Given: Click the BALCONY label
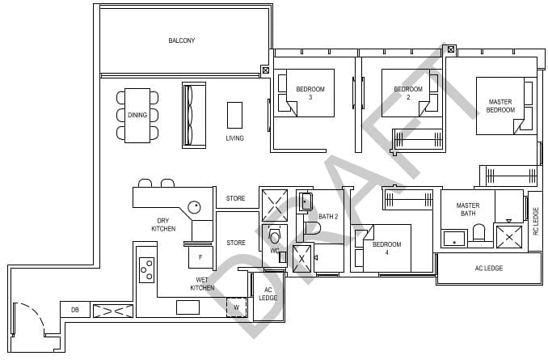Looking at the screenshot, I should (x=181, y=40).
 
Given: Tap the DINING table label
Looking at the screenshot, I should (x=137, y=115).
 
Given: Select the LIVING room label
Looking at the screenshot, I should (x=234, y=138).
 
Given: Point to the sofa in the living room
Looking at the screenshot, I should (x=194, y=115).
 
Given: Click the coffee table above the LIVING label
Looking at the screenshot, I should (x=234, y=114).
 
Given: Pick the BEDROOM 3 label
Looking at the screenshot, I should (x=310, y=93).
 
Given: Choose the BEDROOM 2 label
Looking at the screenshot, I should (x=408, y=93).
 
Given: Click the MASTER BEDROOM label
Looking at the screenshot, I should (x=500, y=106).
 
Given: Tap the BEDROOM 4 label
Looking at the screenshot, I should (x=386, y=248).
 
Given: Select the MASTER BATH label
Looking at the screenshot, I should (x=467, y=210).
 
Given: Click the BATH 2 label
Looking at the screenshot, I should (x=329, y=217).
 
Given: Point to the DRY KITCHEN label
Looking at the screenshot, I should (x=163, y=225).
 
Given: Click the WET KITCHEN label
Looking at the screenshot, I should (x=201, y=284).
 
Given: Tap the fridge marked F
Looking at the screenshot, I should (x=200, y=258).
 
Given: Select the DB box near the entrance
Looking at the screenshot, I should (x=74, y=310).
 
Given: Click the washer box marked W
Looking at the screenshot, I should (x=236, y=307).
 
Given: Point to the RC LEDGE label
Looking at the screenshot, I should (x=535, y=220).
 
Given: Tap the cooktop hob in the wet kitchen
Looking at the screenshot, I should (x=147, y=269).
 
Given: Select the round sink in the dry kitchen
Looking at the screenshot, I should (x=196, y=207).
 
